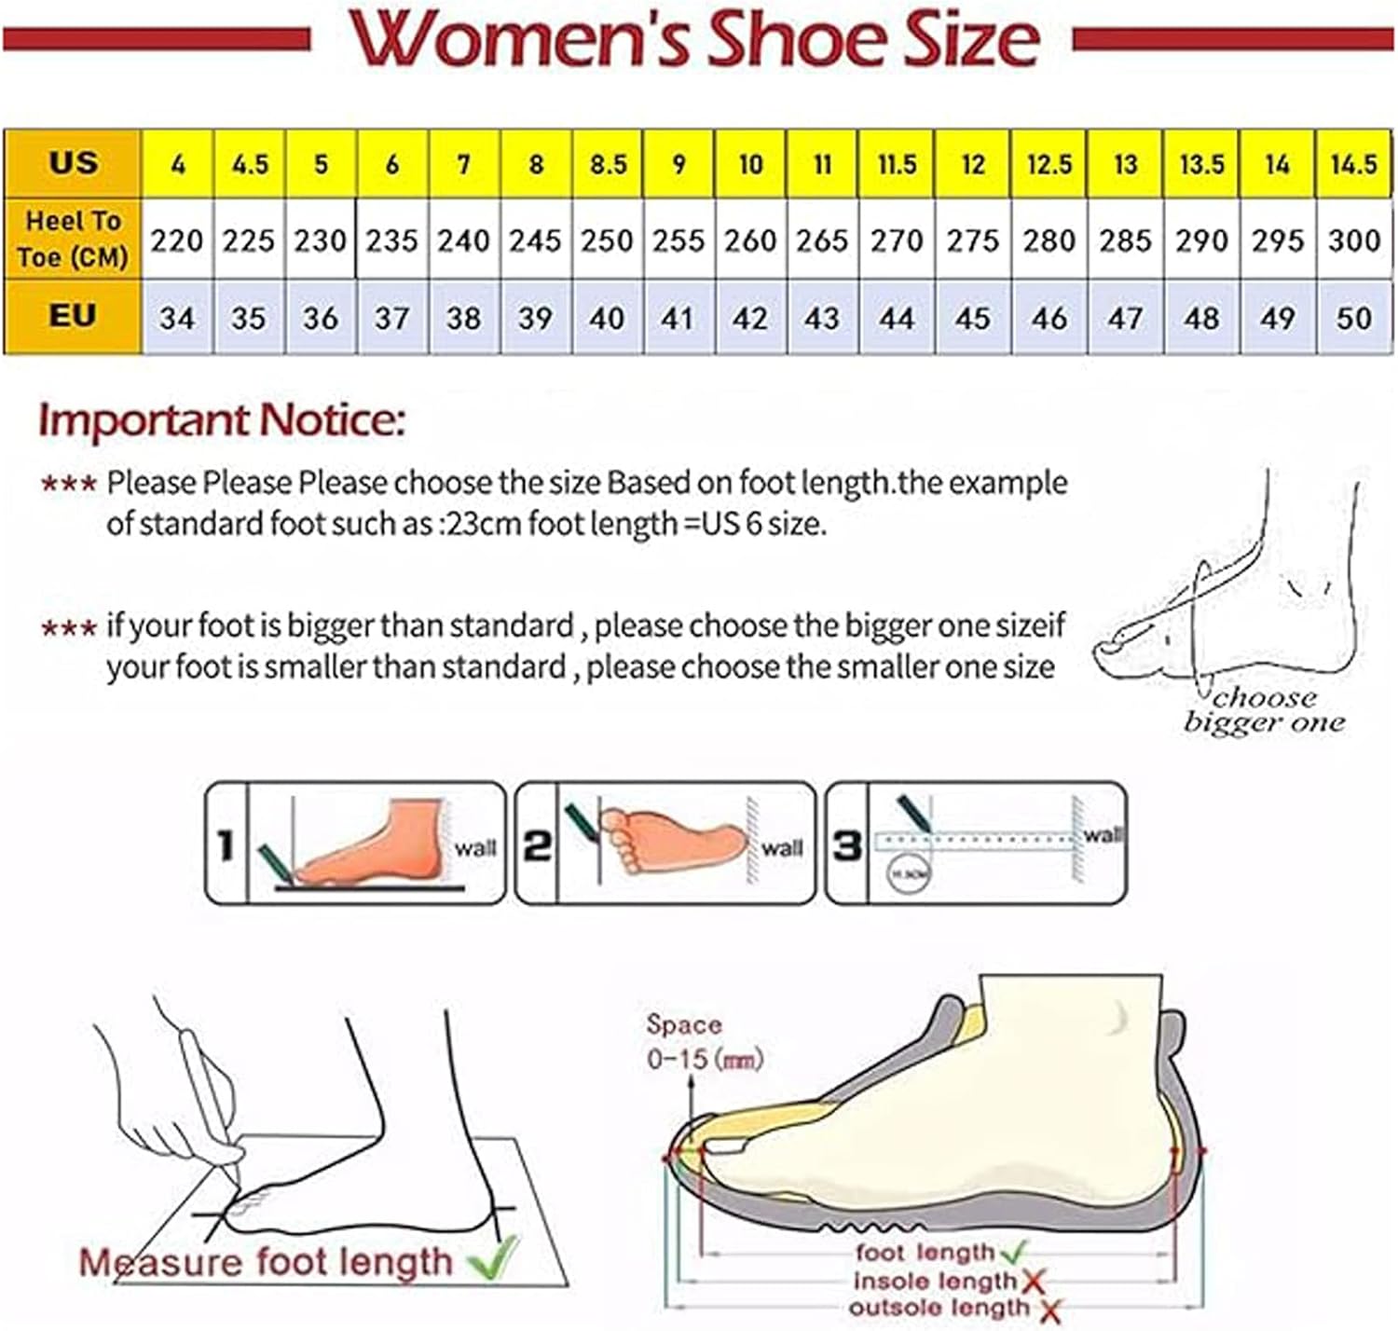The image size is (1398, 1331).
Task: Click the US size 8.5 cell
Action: coord(608,164)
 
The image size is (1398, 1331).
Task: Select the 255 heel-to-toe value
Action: coord(678,240)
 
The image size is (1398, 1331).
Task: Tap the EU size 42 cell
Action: coord(750,319)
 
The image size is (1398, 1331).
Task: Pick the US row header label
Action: coord(73,162)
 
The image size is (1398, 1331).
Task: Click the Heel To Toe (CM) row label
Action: coord(73,239)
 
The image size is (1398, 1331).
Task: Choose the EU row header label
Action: coord(73,316)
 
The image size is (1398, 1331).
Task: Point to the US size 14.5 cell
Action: coord(1353,164)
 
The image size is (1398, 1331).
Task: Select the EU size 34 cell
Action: coord(177,319)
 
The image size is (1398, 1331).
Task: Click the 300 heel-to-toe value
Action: coord(1353,240)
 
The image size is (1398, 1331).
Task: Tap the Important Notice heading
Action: coord(222,419)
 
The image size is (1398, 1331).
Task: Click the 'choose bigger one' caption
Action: coord(1264,710)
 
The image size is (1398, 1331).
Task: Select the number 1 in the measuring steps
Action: coord(226,845)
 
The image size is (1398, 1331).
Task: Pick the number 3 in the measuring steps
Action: coord(846,845)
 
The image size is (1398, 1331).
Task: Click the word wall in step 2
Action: coord(781,848)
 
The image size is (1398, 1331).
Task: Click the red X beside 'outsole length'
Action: coord(1050,1310)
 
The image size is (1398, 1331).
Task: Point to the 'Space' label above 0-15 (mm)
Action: coord(684,1024)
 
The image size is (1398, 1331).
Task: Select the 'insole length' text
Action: coord(935,1282)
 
